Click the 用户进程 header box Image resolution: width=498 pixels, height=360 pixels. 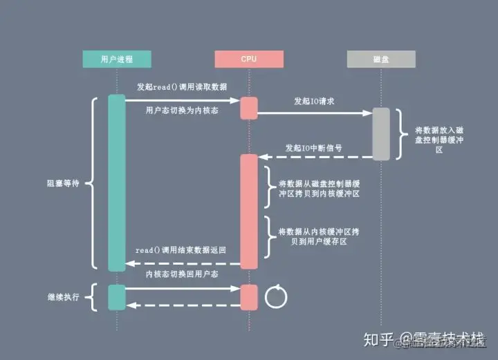[x=116, y=59]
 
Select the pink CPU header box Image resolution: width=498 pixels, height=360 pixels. [x=249, y=59]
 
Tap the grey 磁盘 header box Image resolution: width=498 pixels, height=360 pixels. [x=381, y=59]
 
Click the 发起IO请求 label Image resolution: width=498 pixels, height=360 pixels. [x=315, y=101]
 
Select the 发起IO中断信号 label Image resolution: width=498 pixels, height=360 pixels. [x=314, y=148]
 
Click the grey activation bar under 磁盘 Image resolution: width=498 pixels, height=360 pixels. [x=381, y=133]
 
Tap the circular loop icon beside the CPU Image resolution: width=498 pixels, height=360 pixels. [x=275, y=297]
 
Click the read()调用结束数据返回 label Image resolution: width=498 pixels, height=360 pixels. [x=181, y=249]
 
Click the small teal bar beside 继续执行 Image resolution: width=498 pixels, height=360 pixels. [x=116, y=296]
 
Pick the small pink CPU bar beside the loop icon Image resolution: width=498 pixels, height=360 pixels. [x=249, y=296]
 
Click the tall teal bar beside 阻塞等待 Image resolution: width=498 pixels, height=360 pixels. [x=116, y=183]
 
